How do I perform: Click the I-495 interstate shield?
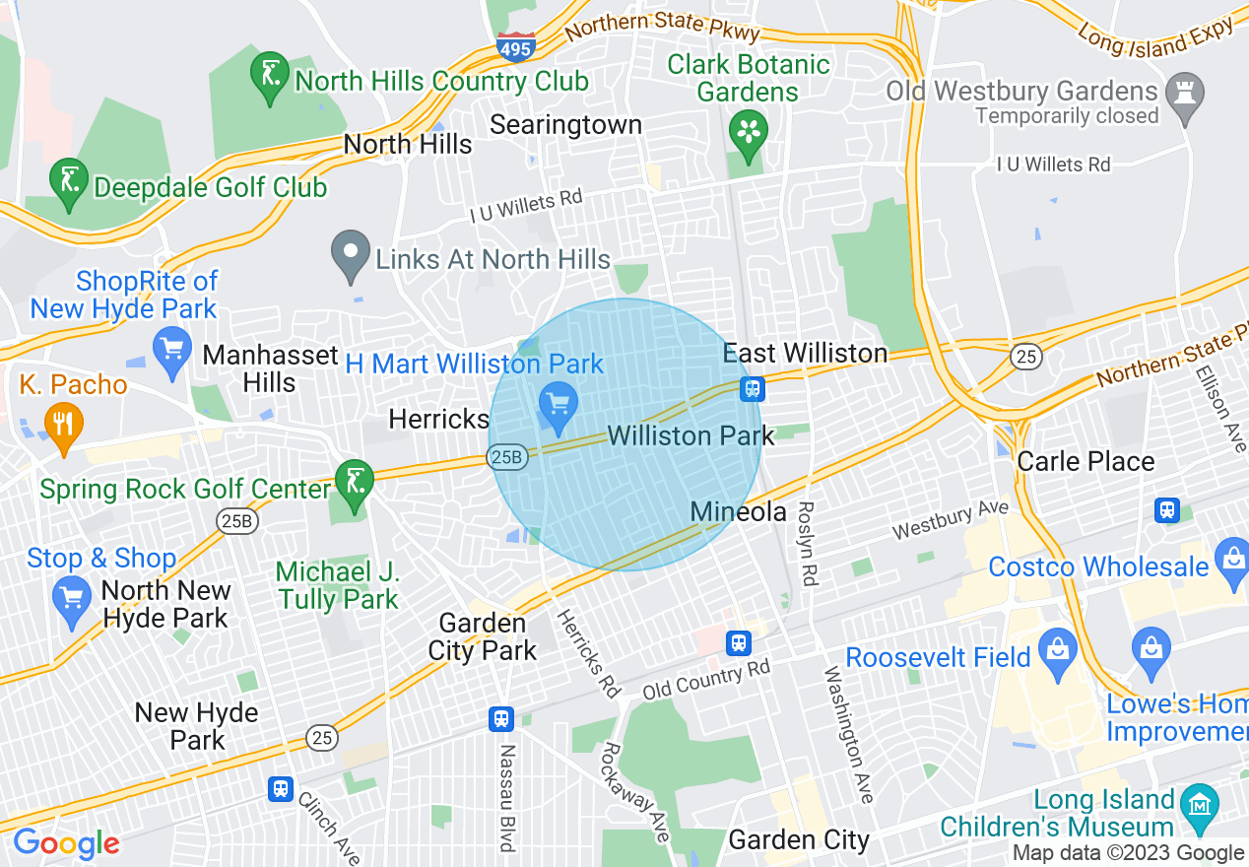coord(516,45)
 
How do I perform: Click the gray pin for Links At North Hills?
coord(350,253)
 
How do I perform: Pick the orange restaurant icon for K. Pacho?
coord(63,424)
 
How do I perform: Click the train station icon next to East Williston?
coord(753,388)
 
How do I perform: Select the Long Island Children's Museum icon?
coord(1199,803)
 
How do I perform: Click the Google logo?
coord(66,843)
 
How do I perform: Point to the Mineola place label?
coord(738,511)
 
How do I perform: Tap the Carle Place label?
coord(1085,461)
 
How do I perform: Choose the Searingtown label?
coord(565,125)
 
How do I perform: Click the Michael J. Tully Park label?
coord(338,585)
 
